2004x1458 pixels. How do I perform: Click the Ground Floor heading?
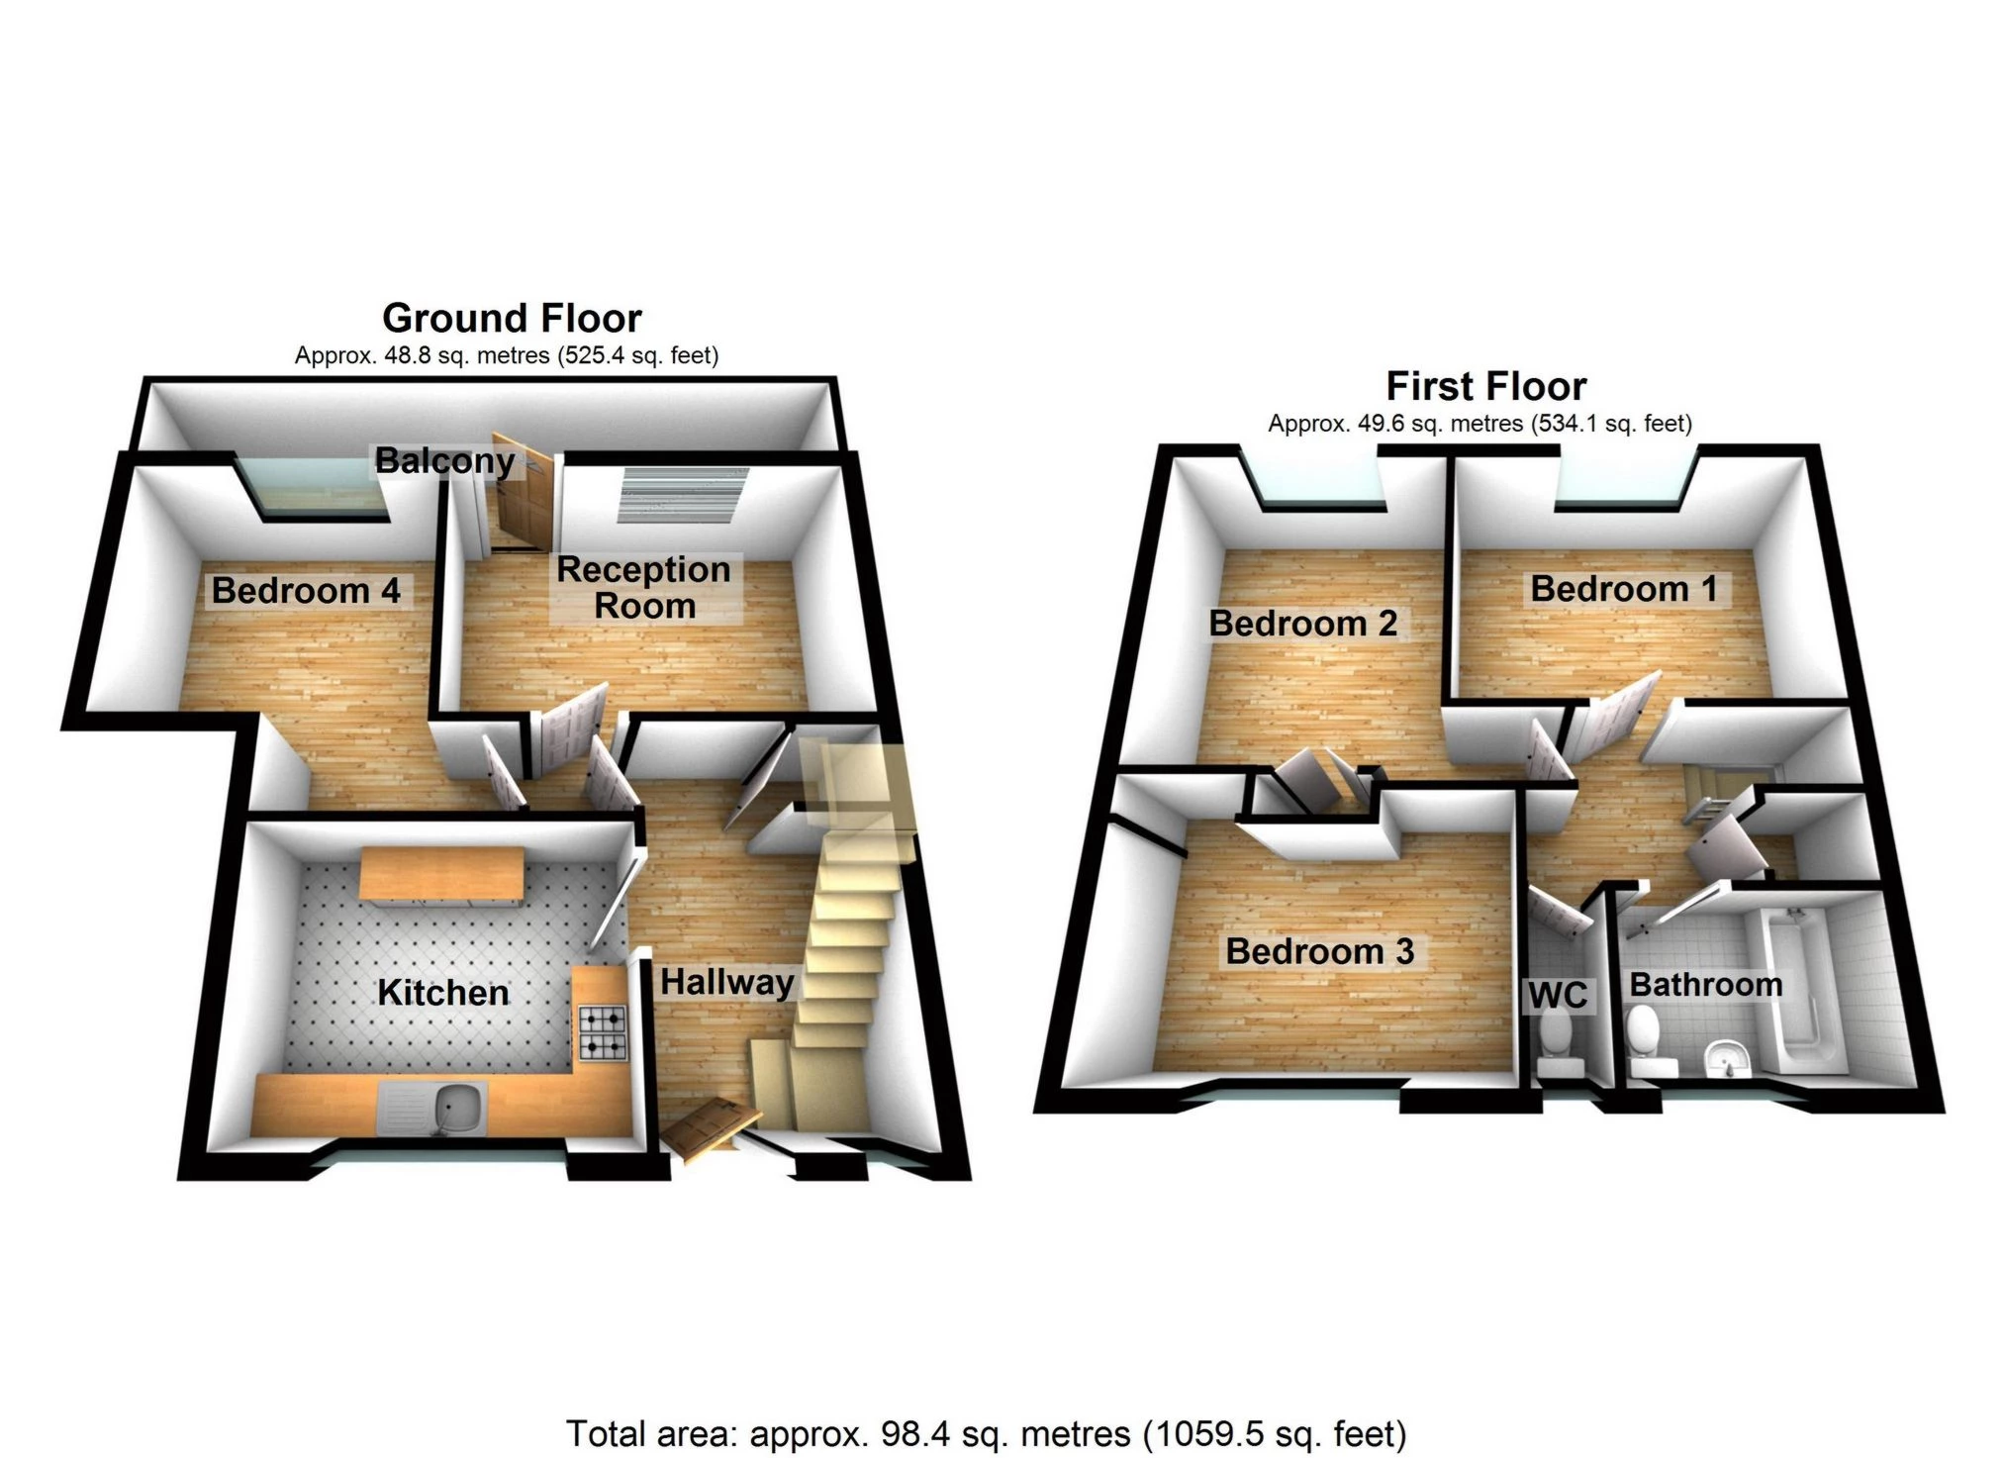[x=512, y=319]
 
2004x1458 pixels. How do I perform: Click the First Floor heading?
[x=1485, y=386]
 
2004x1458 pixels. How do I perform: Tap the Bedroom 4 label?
[x=306, y=591]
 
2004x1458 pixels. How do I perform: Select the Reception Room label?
[x=644, y=587]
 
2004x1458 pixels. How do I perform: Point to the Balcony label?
[x=444, y=460]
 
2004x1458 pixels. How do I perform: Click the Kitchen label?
[x=443, y=993]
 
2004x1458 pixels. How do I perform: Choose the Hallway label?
[x=727, y=982]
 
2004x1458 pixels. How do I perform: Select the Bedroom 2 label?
[x=1303, y=624]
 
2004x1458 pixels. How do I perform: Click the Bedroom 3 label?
[x=1320, y=951]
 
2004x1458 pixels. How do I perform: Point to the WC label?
[x=1558, y=995]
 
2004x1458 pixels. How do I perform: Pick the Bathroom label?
[x=1706, y=985]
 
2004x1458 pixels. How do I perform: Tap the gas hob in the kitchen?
[x=603, y=1032]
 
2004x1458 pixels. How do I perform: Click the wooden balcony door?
[x=521, y=495]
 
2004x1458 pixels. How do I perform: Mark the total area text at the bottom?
[x=986, y=1433]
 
